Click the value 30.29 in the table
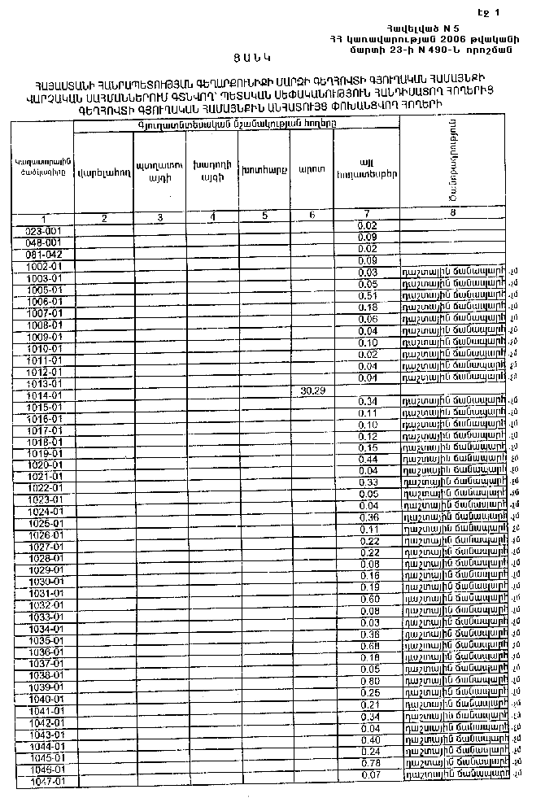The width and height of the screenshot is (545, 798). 313,390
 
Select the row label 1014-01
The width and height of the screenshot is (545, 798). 46,395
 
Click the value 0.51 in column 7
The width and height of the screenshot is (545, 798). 368,295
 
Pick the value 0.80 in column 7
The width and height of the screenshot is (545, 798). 369,680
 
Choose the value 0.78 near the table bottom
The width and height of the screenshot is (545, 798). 369,762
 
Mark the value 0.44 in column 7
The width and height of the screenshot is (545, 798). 368,460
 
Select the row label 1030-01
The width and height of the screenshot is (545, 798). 46,582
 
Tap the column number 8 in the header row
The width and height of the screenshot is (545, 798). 452,212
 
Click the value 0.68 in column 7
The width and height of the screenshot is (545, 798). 369,646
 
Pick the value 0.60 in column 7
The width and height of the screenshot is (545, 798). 369,599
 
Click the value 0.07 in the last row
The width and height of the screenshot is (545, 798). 369,774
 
